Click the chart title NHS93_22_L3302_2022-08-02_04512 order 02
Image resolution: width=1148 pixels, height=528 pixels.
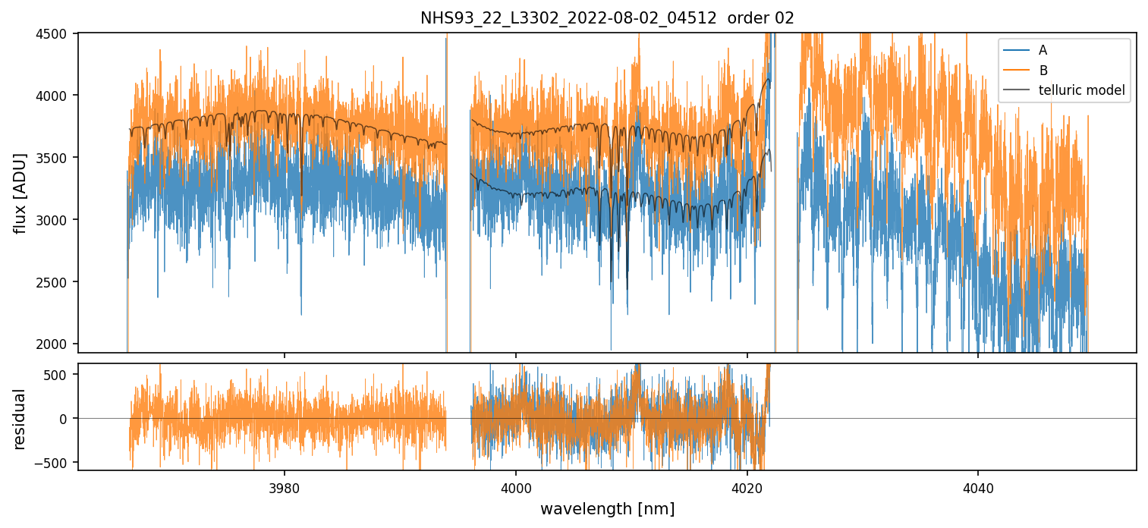tap(607, 18)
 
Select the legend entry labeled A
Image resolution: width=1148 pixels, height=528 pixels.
tap(1043, 50)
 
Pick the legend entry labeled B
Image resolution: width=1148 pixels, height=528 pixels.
tap(1043, 71)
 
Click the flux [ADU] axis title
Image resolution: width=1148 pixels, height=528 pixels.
tap(20, 193)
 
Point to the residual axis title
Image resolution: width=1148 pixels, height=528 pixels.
tap(20, 418)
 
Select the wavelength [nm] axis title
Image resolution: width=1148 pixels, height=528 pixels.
tap(607, 509)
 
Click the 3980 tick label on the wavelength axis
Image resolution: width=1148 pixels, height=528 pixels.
tap(285, 486)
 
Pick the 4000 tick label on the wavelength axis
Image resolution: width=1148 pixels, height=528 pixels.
tap(516, 486)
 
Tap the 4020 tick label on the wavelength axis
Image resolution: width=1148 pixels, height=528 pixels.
tap(747, 486)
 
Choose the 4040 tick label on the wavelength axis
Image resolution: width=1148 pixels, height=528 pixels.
tap(978, 486)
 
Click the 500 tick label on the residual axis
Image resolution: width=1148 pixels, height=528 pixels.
tap(59, 375)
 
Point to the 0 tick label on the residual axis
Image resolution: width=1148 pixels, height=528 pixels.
tap(65, 419)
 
